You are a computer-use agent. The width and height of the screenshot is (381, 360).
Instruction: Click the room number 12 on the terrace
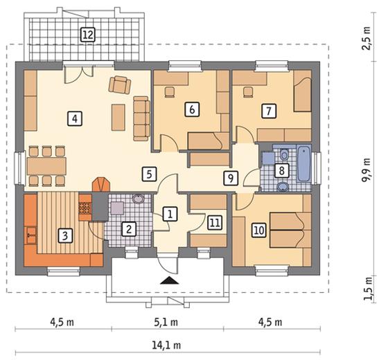coord(88,35)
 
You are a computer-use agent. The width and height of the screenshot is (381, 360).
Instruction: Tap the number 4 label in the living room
coord(75,119)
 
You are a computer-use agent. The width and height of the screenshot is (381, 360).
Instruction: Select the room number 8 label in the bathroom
coord(282,170)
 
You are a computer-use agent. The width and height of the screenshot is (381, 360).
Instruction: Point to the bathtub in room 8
coord(304,163)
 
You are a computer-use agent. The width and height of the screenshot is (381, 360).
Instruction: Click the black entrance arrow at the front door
coord(170,280)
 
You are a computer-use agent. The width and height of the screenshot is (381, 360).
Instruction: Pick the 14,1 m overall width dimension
coord(166,345)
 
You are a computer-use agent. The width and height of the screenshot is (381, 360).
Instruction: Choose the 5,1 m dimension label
coord(166,323)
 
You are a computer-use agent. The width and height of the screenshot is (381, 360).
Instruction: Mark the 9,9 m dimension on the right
coord(366,170)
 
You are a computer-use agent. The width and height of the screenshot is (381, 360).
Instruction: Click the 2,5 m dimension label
coord(366,38)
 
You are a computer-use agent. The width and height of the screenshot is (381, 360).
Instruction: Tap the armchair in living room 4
coord(119,84)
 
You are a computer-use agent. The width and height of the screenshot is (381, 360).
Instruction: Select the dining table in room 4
coord(46,166)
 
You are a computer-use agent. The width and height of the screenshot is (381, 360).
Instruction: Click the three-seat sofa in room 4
coord(141,118)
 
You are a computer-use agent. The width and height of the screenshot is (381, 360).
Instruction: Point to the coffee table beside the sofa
coord(118,117)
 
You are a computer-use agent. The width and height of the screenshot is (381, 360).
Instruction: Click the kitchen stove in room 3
coord(85,208)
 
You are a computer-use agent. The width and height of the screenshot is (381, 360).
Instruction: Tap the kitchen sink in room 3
coord(31,235)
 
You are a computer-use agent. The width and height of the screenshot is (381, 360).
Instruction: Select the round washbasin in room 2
coord(139,199)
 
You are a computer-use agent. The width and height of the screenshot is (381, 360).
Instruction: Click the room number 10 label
coord(259,230)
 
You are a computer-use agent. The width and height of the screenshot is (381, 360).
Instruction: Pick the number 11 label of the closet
coord(215,222)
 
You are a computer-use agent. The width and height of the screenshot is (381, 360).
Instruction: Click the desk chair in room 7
coord(248,92)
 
